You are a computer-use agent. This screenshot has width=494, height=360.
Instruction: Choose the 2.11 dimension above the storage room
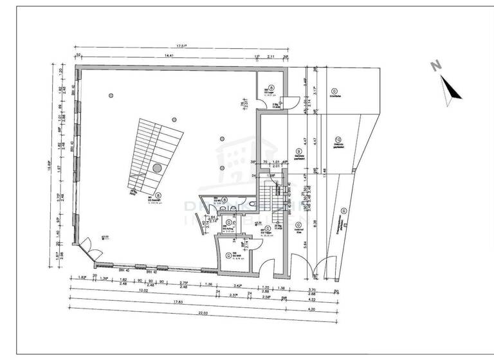(271, 57)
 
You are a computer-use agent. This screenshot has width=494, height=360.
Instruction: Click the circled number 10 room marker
(337, 139)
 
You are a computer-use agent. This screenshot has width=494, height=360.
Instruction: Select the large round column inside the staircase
(157, 168)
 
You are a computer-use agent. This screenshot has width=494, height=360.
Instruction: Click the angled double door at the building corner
(84, 246)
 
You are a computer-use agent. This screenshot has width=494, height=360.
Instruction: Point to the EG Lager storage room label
(271, 92)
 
